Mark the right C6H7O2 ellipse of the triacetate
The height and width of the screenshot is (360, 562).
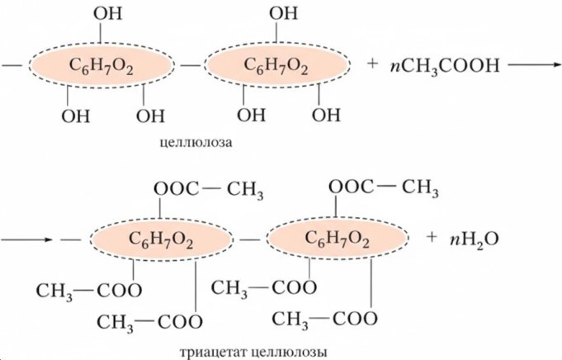coord(339,239)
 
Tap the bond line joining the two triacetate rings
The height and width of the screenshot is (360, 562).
coord(251,239)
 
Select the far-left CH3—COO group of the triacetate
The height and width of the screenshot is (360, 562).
coord(87,289)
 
